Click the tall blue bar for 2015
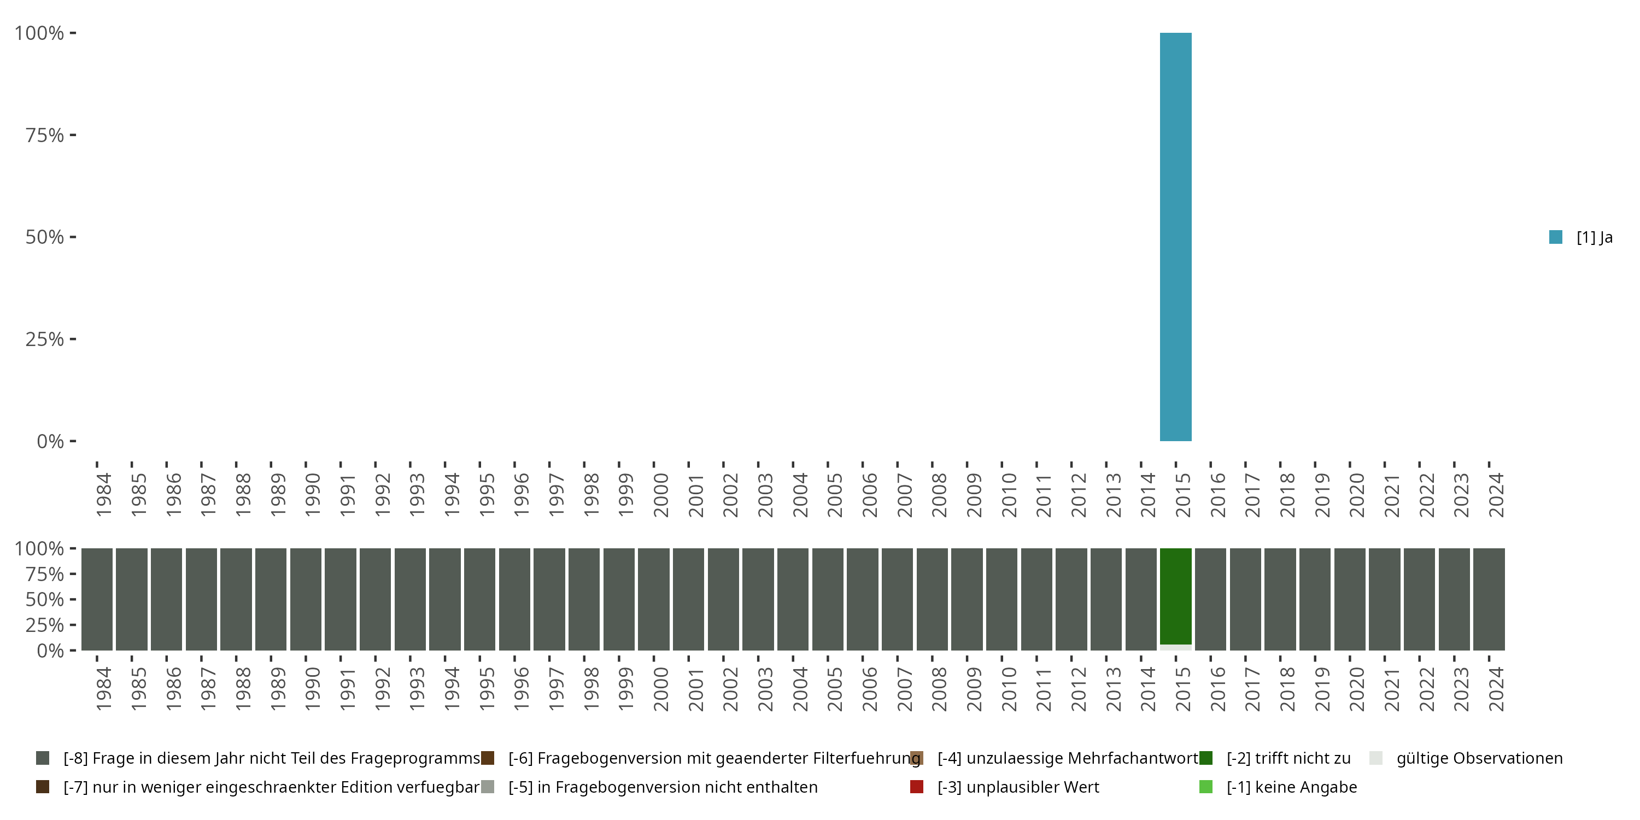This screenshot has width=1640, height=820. click(1175, 237)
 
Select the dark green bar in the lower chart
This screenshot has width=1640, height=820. click(1175, 596)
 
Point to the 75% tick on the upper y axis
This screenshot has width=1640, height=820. click(45, 135)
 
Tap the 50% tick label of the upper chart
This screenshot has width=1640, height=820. click(45, 237)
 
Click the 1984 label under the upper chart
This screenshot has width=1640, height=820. click(103, 495)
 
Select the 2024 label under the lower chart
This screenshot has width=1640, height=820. click(1496, 689)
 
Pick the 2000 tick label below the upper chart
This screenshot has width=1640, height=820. click(660, 495)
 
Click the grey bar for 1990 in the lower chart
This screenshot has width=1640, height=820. click(306, 599)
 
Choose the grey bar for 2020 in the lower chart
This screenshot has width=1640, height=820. click(1350, 599)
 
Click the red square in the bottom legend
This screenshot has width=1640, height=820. click(917, 787)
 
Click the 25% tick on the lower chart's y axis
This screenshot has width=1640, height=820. click(45, 624)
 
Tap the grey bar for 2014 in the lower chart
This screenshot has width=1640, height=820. click(1141, 599)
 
